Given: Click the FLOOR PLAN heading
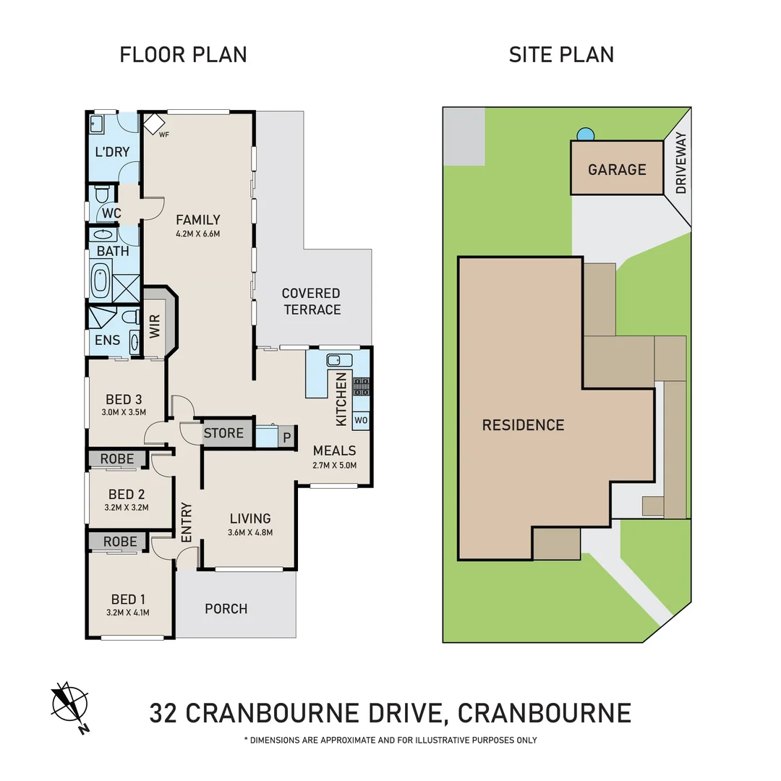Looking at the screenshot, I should (183, 54).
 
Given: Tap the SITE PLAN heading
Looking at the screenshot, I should (561, 54).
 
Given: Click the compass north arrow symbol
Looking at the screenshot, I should (70, 705).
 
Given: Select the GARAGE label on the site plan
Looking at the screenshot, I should (617, 169).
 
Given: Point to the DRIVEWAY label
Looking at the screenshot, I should (680, 163).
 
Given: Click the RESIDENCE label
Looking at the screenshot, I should (523, 424).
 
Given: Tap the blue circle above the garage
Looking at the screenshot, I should (586, 135).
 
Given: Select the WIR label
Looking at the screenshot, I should (155, 325).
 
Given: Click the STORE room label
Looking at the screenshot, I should (223, 433).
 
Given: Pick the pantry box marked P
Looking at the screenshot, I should (286, 437).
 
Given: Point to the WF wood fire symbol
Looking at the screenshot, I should (153, 124).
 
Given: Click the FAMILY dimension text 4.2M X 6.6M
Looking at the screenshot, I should (197, 234).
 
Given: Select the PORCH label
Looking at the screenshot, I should (226, 609).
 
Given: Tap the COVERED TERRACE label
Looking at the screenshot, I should (311, 302).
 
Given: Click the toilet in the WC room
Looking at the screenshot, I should (102, 195).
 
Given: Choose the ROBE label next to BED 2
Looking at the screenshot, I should (117, 458).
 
